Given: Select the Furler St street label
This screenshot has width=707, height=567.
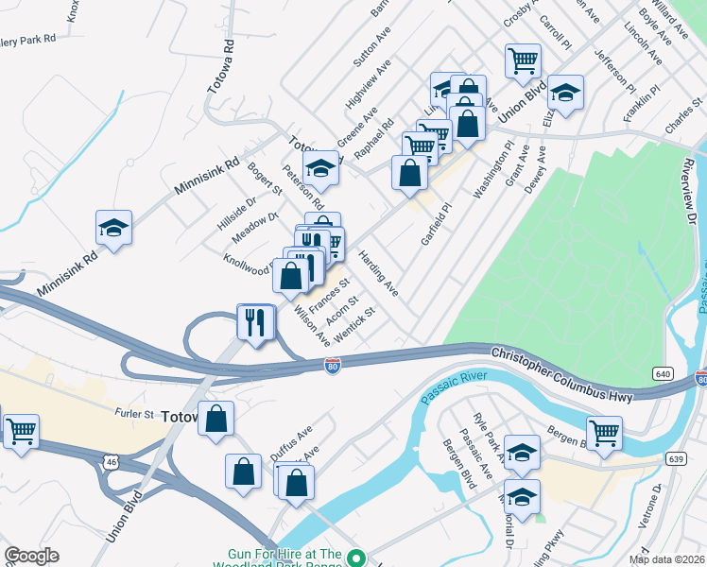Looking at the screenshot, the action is (x=135, y=414).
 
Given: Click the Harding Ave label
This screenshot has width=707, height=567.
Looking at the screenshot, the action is (x=378, y=274).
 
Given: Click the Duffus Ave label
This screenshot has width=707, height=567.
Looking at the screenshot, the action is (x=290, y=440).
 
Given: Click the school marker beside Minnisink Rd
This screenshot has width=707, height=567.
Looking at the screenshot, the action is (x=113, y=229).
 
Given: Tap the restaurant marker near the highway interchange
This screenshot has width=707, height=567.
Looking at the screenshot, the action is (x=255, y=321).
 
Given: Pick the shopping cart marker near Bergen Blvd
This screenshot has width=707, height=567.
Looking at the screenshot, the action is (x=604, y=432).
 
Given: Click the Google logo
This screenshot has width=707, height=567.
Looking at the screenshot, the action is (x=31, y=556).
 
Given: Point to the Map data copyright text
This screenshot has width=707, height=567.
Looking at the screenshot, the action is (x=666, y=559).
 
